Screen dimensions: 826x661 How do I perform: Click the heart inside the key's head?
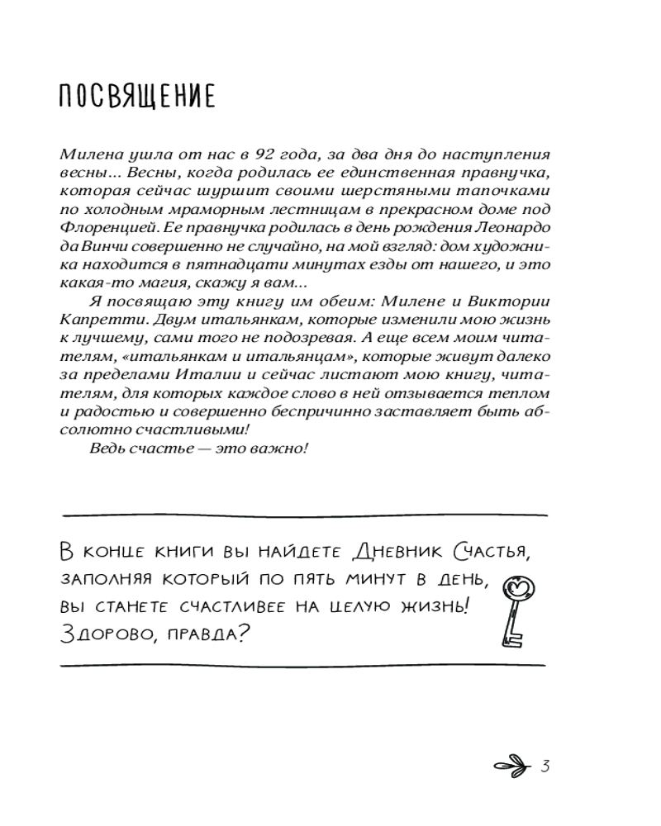tap(519, 587)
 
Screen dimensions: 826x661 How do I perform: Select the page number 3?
tap(544, 765)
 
